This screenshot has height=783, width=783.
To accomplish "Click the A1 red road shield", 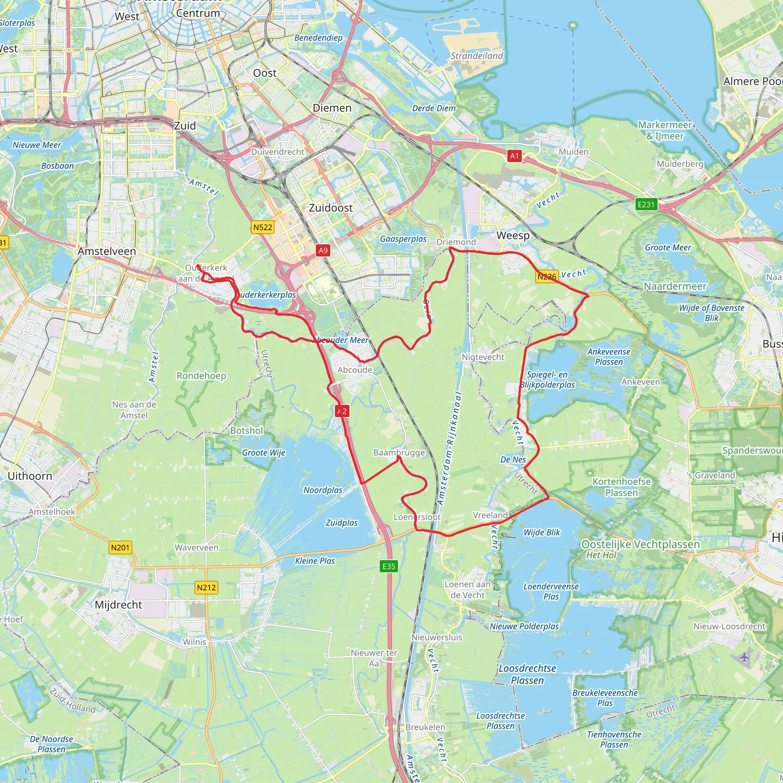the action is point(514,156).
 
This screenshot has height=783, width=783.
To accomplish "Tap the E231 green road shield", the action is point(646,204).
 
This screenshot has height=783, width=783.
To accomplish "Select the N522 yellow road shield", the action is point(263,227).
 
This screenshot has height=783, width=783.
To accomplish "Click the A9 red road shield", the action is point(323,250).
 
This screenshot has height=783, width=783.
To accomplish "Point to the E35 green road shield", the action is point(389,566).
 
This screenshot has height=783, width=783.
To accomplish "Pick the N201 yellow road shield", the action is point(120,548).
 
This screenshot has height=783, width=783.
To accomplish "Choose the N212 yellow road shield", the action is point(207,588).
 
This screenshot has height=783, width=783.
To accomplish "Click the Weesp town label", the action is point(513,236).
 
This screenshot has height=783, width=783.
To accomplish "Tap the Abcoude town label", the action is point(355,370).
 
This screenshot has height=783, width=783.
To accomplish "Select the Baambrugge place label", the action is point(399,452).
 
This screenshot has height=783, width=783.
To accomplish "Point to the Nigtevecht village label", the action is point(483,357).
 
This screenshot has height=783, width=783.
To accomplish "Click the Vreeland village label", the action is point(490,515).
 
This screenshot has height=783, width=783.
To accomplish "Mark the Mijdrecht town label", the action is point(119,605).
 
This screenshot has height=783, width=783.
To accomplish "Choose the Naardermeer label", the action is point(675,286).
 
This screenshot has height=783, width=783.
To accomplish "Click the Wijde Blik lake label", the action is point(541,533).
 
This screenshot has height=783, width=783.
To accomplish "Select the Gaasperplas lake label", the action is point(403,239).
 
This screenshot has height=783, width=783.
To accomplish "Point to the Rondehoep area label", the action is point(201,376).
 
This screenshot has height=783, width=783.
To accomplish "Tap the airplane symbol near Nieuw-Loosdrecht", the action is point(744,657).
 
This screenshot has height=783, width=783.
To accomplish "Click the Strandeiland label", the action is point(477,56).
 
